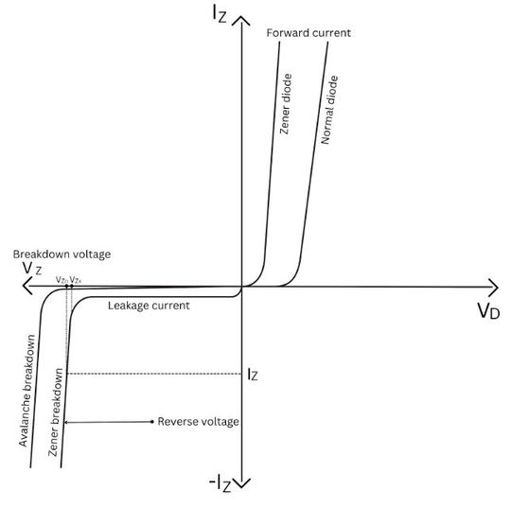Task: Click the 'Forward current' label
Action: [308, 33]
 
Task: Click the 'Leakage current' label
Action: [149, 306]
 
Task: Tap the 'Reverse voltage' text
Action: [199, 421]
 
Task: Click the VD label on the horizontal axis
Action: [489, 311]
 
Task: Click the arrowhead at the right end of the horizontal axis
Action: [493, 286]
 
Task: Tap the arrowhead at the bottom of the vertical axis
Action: [244, 484]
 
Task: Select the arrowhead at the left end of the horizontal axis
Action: [9, 287]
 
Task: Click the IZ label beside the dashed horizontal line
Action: [252, 374]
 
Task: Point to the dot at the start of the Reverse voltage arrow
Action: [151, 421]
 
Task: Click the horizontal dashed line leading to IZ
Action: [151, 373]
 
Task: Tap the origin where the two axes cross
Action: [244, 287]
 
